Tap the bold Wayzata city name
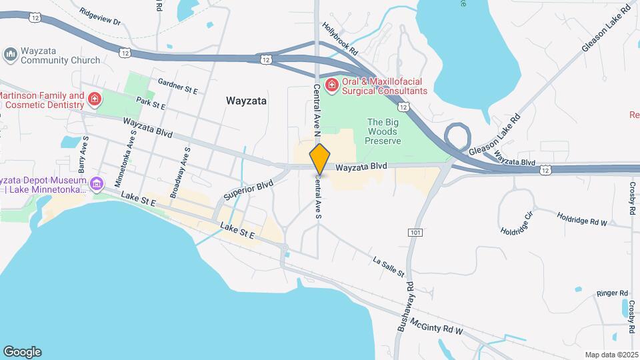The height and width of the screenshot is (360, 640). (246, 101)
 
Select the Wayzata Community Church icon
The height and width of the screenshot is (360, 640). (11, 54)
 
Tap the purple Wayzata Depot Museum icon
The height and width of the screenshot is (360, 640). (97, 183)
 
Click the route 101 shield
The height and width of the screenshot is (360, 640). (415, 232)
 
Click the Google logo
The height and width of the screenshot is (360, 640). (22, 352)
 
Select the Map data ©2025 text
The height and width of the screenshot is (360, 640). (611, 355)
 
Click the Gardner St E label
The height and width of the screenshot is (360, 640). (179, 85)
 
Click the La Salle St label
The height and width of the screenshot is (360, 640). (389, 267)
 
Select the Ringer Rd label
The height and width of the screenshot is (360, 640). (613, 293)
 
